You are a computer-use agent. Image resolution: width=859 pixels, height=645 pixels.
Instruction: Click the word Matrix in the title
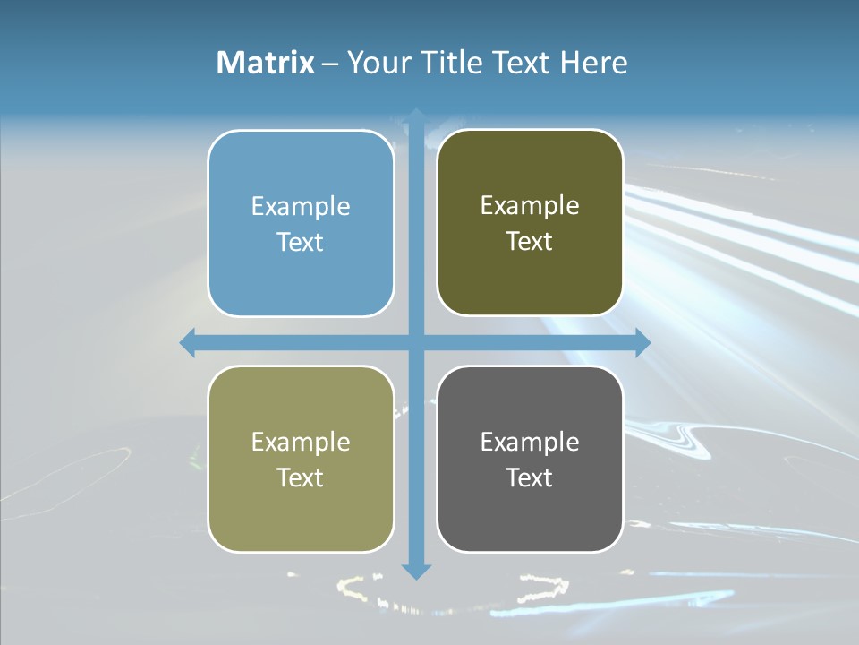tap(266, 63)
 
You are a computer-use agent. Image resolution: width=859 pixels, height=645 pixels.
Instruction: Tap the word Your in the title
tap(377, 63)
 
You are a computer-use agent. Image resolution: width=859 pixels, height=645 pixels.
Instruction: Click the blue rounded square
tap(301, 223)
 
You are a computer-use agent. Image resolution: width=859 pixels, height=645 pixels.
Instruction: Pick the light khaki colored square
tap(301, 459)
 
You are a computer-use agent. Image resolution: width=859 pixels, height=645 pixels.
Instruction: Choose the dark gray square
tap(530, 459)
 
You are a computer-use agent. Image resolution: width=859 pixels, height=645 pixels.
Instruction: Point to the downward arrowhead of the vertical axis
tap(416, 572)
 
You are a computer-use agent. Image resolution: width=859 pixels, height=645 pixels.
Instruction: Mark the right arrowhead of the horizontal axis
tap(643, 342)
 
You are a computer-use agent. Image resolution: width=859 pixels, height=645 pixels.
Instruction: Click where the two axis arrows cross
tap(416, 342)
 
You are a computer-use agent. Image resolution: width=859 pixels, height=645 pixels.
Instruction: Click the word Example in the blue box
tap(301, 206)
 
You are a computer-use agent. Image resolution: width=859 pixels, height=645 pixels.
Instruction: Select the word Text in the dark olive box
tap(530, 241)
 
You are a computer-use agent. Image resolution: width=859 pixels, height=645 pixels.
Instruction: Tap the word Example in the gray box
tap(530, 442)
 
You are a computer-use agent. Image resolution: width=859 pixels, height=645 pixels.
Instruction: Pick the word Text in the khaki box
tap(301, 477)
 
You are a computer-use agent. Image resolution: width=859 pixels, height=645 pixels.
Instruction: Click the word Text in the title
tap(523, 63)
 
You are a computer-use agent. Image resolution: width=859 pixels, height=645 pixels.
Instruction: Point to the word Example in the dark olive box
tap(530, 205)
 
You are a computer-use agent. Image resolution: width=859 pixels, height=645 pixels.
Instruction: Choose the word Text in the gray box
tap(530, 477)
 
